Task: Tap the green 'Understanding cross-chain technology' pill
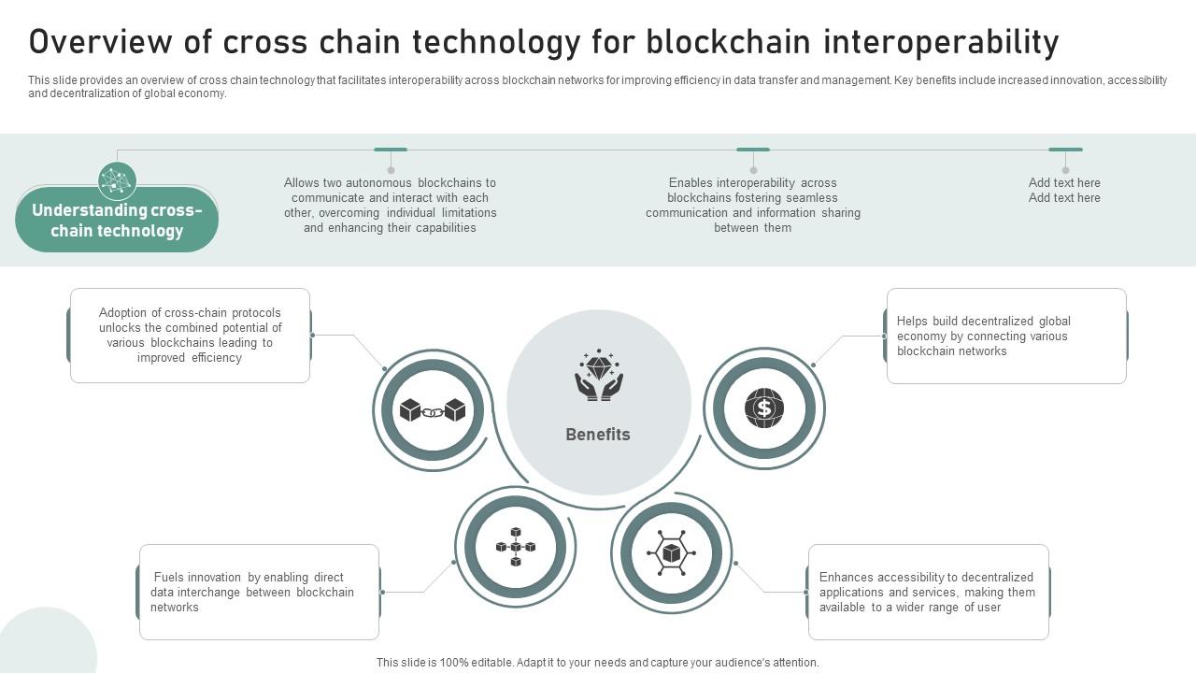point(117,221)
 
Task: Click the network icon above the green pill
point(118,180)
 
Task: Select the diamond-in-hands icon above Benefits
point(599,376)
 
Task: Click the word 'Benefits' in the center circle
point(598,435)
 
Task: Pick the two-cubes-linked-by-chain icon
point(433,410)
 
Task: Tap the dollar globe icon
point(764,408)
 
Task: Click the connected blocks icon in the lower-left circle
point(515,547)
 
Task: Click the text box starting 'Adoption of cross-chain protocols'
point(190,336)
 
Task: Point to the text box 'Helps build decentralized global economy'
point(1005,336)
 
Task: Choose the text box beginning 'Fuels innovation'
point(259,593)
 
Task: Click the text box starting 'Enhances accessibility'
point(928,593)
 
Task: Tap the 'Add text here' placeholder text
point(1064,191)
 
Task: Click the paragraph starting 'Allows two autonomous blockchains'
point(391,206)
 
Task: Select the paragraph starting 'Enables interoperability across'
point(753,206)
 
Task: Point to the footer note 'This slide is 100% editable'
point(598,663)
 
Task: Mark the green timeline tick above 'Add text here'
point(1065,150)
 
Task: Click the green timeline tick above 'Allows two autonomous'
point(391,150)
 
